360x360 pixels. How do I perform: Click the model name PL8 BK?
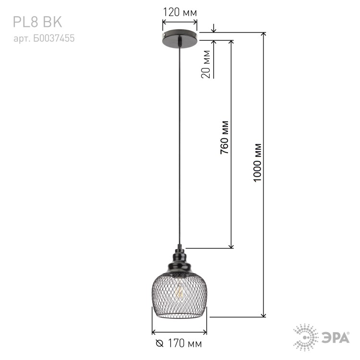[x=37, y=22]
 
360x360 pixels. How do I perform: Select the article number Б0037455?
[x=54, y=38]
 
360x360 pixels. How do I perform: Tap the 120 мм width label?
[x=180, y=12]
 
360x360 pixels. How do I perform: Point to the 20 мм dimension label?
[x=206, y=64]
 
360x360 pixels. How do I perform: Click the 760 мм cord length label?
[x=225, y=137]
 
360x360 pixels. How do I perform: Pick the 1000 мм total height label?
[x=257, y=163]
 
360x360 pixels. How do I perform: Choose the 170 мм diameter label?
[x=185, y=344]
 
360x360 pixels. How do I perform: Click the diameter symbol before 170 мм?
[x=159, y=344]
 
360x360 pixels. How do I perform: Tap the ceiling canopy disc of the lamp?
[x=180, y=38]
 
